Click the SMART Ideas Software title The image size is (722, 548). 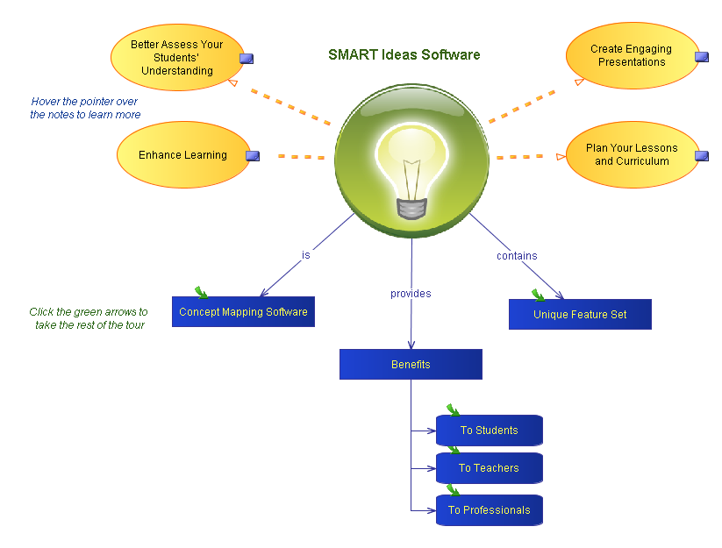click(x=404, y=54)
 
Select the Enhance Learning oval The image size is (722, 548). click(x=182, y=155)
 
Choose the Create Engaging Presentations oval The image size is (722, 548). click(x=631, y=56)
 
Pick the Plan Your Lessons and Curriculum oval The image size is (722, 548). click(x=632, y=155)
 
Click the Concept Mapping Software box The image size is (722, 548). click(x=243, y=312)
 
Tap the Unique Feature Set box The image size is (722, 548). click(x=580, y=315)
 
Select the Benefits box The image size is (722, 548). click(x=411, y=365)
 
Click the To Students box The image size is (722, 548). click(x=489, y=431)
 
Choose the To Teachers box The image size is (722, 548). click(x=489, y=468)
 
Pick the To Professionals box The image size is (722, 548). click(x=489, y=510)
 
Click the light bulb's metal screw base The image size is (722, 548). click(x=411, y=209)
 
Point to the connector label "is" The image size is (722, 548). click(x=306, y=255)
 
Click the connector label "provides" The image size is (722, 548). click(x=411, y=294)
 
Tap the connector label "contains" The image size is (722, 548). click(x=517, y=256)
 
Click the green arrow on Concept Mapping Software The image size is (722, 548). click(x=202, y=293)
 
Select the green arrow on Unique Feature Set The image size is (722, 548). click(x=538, y=295)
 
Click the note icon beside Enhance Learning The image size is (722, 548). click(x=253, y=156)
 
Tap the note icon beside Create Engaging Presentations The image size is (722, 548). click(x=701, y=57)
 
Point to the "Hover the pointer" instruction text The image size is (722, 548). click(x=85, y=108)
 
